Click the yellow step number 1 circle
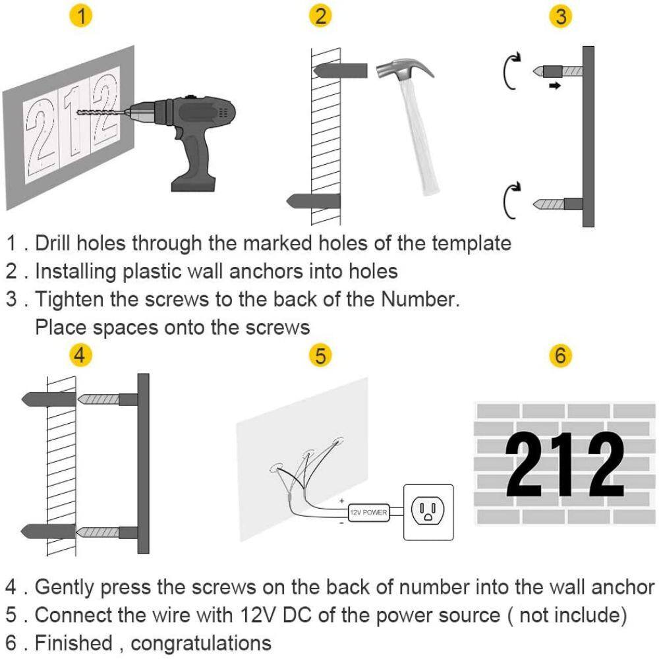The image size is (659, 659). pyautogui.click(x=81, y=16)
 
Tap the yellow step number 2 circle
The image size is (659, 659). pyautogui.click(x=321, y=16)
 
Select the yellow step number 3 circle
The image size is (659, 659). pyautogui.click(x=561, y=16)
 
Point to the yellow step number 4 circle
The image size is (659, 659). pyautogui.click(x=80, y=355)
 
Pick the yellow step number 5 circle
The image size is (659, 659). pyautogui.click(x=321, y=355)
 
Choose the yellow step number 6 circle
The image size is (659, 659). pyautogui.click(x=561, y=355)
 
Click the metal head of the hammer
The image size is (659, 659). pyautogui.click(x=404, y=69)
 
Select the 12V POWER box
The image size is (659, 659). pyautogui.click(x=368, y=513)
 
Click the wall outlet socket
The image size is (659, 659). pyautogui.click(x=428, y=512)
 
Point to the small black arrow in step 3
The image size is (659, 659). pyautogui.click(x=555, y=86)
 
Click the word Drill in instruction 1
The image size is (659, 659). pyautogui.click(x=53, y=243)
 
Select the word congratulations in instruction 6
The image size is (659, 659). pyautogui.click(x=201, y=643)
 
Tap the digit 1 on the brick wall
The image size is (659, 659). pyautogui.click(x=565, y=465)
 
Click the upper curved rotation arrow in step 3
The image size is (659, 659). pyautogui.click(x=509, y=71)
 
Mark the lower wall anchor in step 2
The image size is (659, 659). pyautogui.click(x=313, y=201)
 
